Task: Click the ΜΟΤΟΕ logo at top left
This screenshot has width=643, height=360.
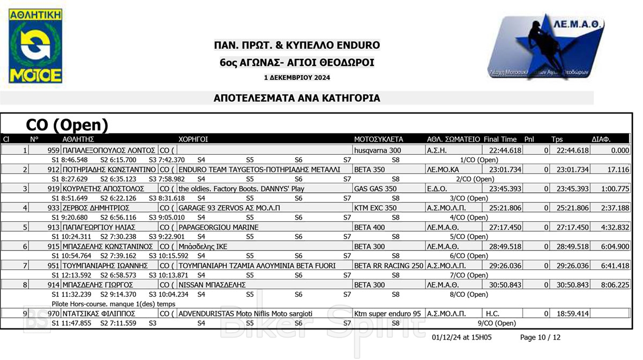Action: tap(35, 46)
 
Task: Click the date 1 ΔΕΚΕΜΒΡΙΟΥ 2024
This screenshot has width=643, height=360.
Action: tap(297, 78)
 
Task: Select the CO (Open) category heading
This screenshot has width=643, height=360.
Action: tap(67, 125)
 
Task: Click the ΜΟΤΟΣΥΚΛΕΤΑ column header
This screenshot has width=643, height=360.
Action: tap(378, 139)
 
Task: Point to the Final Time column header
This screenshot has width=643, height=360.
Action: tap(500, 139)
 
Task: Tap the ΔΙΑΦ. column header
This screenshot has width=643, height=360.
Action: tap(601, 139)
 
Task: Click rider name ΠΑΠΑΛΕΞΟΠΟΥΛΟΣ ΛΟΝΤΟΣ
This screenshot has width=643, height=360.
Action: tap(109, 151)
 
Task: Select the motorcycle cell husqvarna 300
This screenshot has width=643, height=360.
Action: tap(377, 151)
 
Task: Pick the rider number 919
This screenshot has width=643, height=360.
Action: tap(53, 189)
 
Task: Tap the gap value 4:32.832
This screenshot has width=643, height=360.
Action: tap(614, 227)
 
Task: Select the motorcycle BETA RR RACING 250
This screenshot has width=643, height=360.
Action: tap(388, 266)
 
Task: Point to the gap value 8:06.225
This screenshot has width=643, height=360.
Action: tap(614, 285)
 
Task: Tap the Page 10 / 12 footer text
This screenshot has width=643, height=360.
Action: tap(540, 337)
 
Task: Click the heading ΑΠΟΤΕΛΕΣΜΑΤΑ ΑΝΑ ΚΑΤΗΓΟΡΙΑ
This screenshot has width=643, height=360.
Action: tap(297, 98)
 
